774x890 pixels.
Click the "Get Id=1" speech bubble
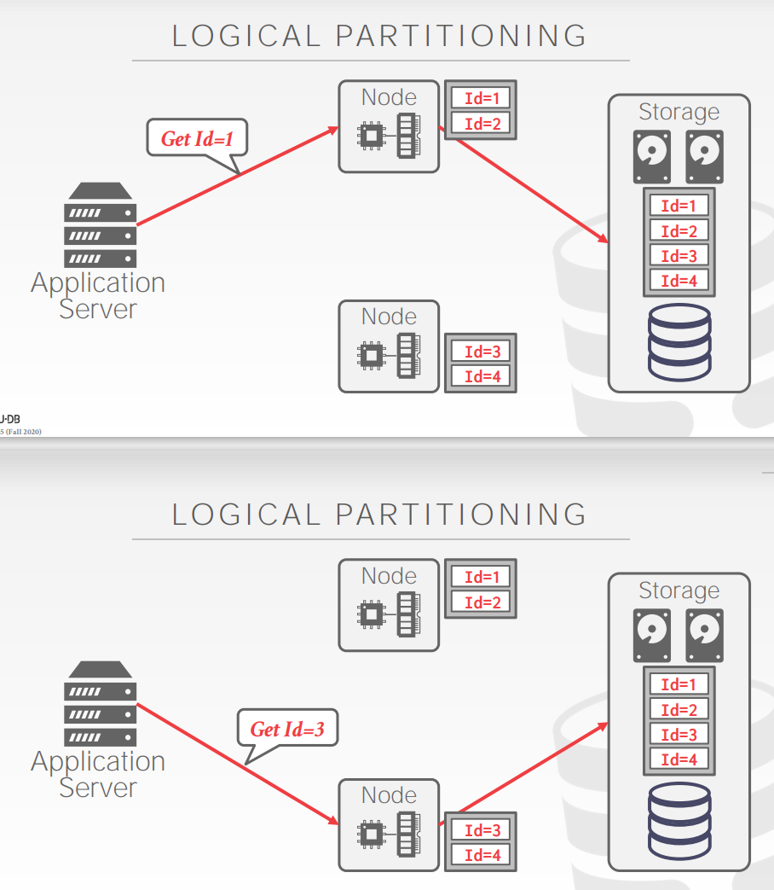point(198,137)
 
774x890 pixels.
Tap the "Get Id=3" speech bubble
point(287,729)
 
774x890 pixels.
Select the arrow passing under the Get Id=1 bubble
point(239,175)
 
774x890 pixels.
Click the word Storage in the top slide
point(679,112)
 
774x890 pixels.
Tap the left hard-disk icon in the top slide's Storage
point(651,155)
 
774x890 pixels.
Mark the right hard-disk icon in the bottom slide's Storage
point(704,634)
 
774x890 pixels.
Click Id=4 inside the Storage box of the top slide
point(679,281)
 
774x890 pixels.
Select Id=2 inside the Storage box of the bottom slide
point(679,710)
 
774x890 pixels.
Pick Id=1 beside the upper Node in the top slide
point(481,98)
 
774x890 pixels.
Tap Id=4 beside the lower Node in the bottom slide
point(481,855)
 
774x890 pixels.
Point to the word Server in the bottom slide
point(98,788)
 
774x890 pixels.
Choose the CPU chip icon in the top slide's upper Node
point(371,134)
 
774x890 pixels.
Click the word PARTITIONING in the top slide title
point(461,36)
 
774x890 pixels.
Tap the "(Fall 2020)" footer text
point(22,432)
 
